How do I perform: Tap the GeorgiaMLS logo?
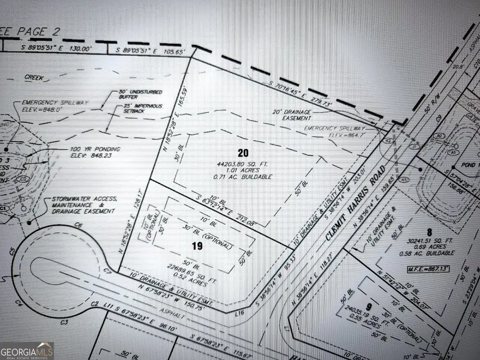[27, 350]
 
